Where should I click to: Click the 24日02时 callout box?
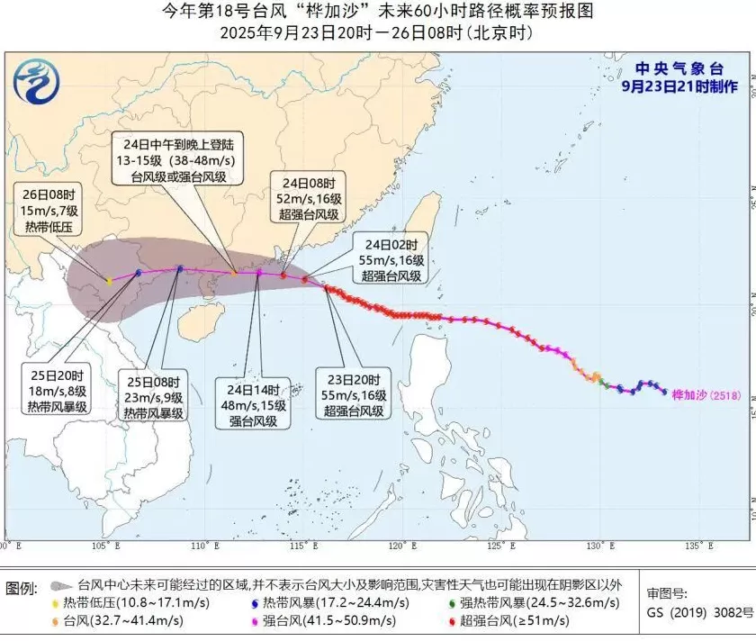click(391, 260)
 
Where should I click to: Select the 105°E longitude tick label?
click(108, 546)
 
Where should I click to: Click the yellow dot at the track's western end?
click(110, 281)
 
